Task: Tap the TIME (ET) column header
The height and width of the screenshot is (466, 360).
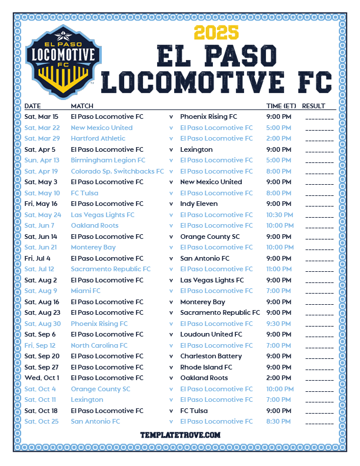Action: (281, 106)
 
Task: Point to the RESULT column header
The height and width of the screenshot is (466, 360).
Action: (314, 106)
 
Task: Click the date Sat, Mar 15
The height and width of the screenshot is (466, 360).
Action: (41, 116)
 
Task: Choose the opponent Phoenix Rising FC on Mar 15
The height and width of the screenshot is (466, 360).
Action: (208, 116)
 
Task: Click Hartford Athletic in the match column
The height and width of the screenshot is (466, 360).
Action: (98, 138)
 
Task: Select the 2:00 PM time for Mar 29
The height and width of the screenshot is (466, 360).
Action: (278, 138)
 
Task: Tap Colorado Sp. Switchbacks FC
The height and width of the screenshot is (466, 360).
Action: (117, 171)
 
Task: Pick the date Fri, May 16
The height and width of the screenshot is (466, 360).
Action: (42, 204)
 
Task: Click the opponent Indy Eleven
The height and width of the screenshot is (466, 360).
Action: (199, 204)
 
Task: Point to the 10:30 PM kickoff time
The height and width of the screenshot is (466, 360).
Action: (280, 215)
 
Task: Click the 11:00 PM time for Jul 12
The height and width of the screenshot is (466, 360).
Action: (280, 269)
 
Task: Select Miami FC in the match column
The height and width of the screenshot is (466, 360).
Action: (85, 291)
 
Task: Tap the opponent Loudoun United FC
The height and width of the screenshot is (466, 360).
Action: (211, 334)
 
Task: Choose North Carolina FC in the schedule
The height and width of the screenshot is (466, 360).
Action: (99, 345)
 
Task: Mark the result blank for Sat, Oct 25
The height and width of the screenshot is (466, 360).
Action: (319, 422)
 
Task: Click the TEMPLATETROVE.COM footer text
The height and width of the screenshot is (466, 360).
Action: (180, 435)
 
